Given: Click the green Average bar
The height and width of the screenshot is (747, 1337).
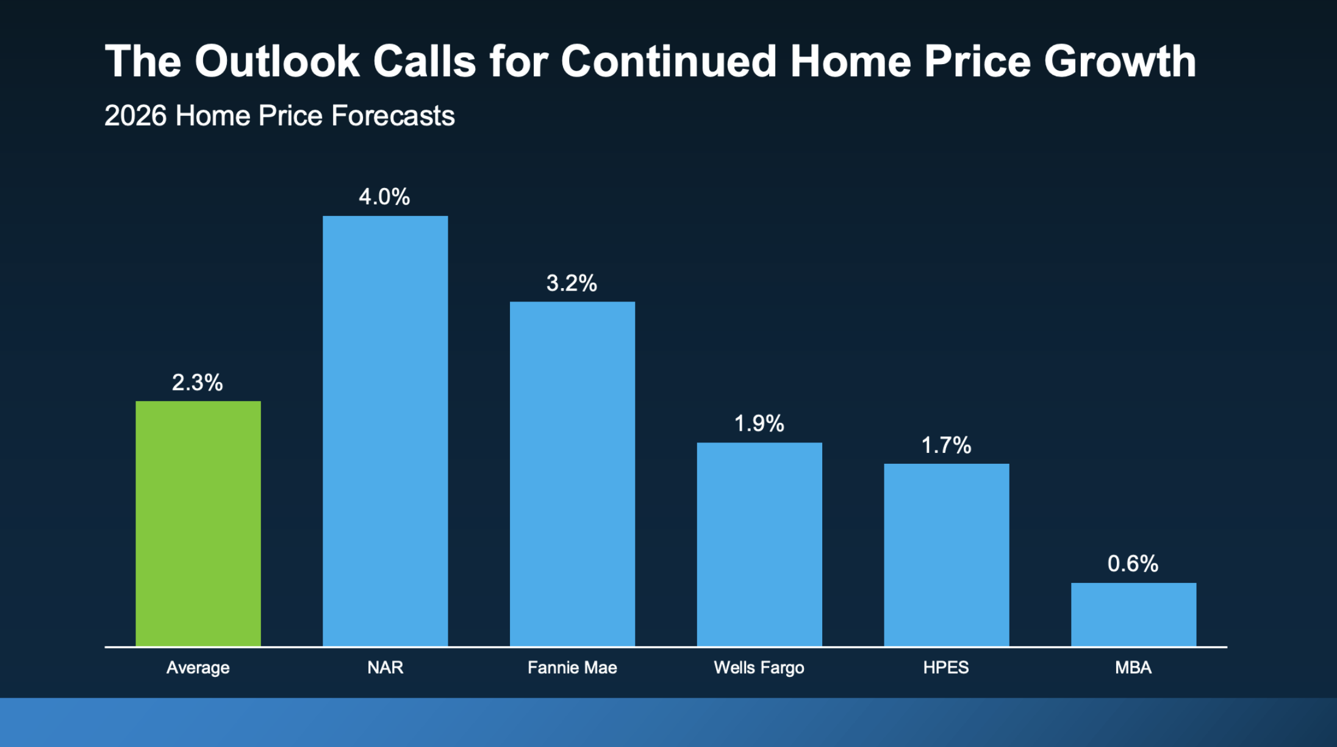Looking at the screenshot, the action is (198, 524).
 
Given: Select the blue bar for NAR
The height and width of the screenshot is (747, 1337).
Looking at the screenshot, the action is (385, 431).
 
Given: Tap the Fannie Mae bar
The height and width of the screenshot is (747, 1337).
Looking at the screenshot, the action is (572, 474).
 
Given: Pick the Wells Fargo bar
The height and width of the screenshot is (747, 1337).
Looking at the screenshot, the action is (759, 544).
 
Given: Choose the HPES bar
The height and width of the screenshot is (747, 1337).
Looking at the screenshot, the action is (947, 555).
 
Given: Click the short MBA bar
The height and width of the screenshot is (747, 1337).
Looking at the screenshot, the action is (1134, 615).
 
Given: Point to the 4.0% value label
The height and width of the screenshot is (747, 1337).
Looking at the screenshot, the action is (384, 197).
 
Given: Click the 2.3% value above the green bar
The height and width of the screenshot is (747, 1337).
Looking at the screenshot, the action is (198, 383).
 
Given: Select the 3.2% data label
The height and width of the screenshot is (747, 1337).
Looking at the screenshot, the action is (572, 283).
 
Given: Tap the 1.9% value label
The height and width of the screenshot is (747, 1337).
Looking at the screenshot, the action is (759, 424).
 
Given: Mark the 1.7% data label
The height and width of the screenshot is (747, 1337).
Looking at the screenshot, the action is (946, 446).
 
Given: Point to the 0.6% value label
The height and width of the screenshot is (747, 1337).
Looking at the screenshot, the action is (1133, 564).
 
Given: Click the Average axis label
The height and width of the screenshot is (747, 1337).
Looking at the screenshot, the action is (198, 668).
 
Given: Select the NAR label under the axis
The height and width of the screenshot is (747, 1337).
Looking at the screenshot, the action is (385, 667).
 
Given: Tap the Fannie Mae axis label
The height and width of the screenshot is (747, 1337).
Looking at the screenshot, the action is (572, 667).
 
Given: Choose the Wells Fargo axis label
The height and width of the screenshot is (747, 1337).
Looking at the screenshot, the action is (759, 668).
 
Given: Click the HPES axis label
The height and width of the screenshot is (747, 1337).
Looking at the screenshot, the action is (946, 667).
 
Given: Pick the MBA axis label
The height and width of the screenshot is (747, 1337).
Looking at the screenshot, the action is (1133, 667).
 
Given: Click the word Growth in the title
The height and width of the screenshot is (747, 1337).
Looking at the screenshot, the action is (1120, 62).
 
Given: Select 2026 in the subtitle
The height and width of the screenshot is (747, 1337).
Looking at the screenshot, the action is (135, 115).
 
